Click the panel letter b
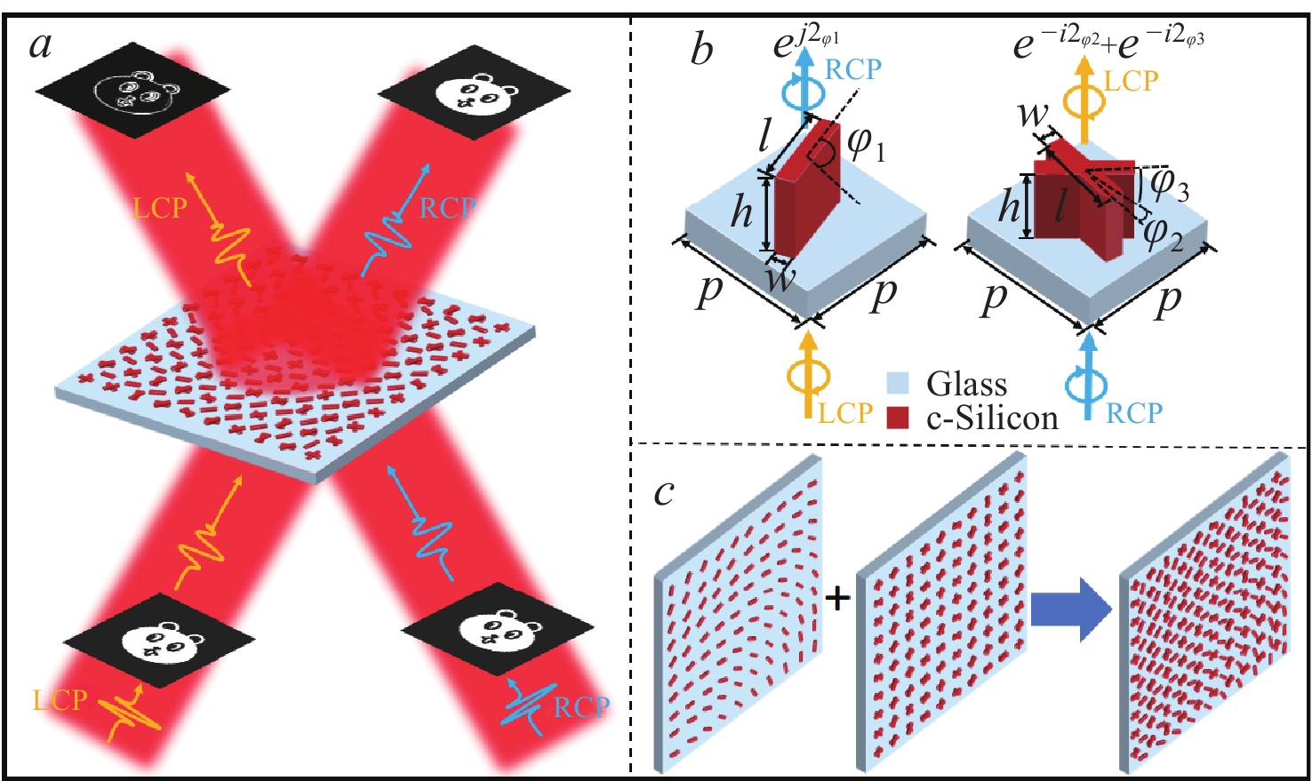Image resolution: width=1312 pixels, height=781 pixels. pos(701,50)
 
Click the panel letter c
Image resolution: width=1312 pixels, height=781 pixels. pos(664,491)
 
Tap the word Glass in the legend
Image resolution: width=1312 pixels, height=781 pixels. pos(966,384)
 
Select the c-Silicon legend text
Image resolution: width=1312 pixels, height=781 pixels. pos(992,418)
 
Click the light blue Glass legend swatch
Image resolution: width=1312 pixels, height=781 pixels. pos(898,383)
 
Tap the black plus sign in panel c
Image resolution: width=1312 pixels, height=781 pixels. pos(836,598)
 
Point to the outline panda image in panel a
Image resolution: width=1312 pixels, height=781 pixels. pos(132,92)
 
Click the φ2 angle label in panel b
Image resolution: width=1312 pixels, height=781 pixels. pos(1162,233)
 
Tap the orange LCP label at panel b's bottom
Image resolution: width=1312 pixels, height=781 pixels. pos(845,414)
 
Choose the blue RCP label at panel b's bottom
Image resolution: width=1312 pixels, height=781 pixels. pos(1134,413)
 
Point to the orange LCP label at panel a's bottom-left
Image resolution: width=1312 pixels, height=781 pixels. pos(60,700)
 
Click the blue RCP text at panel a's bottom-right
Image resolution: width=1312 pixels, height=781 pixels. pos(581,707)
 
